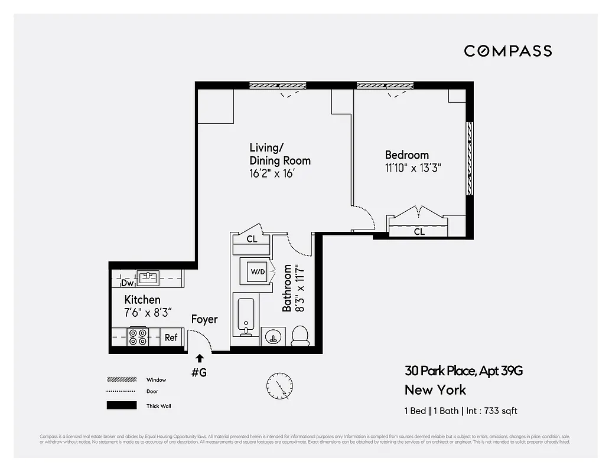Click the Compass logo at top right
508,51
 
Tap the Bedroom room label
406,155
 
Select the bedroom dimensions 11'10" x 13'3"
413,168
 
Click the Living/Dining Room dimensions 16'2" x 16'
272,174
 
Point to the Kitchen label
142,300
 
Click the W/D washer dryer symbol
258,273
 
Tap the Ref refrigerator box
171,337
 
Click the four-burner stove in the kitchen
138,337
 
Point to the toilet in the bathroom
301,335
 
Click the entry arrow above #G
200,358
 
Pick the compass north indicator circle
279,386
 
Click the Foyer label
204,320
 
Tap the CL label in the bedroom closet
419,232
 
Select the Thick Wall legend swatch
121,406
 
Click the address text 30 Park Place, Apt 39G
463,371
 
